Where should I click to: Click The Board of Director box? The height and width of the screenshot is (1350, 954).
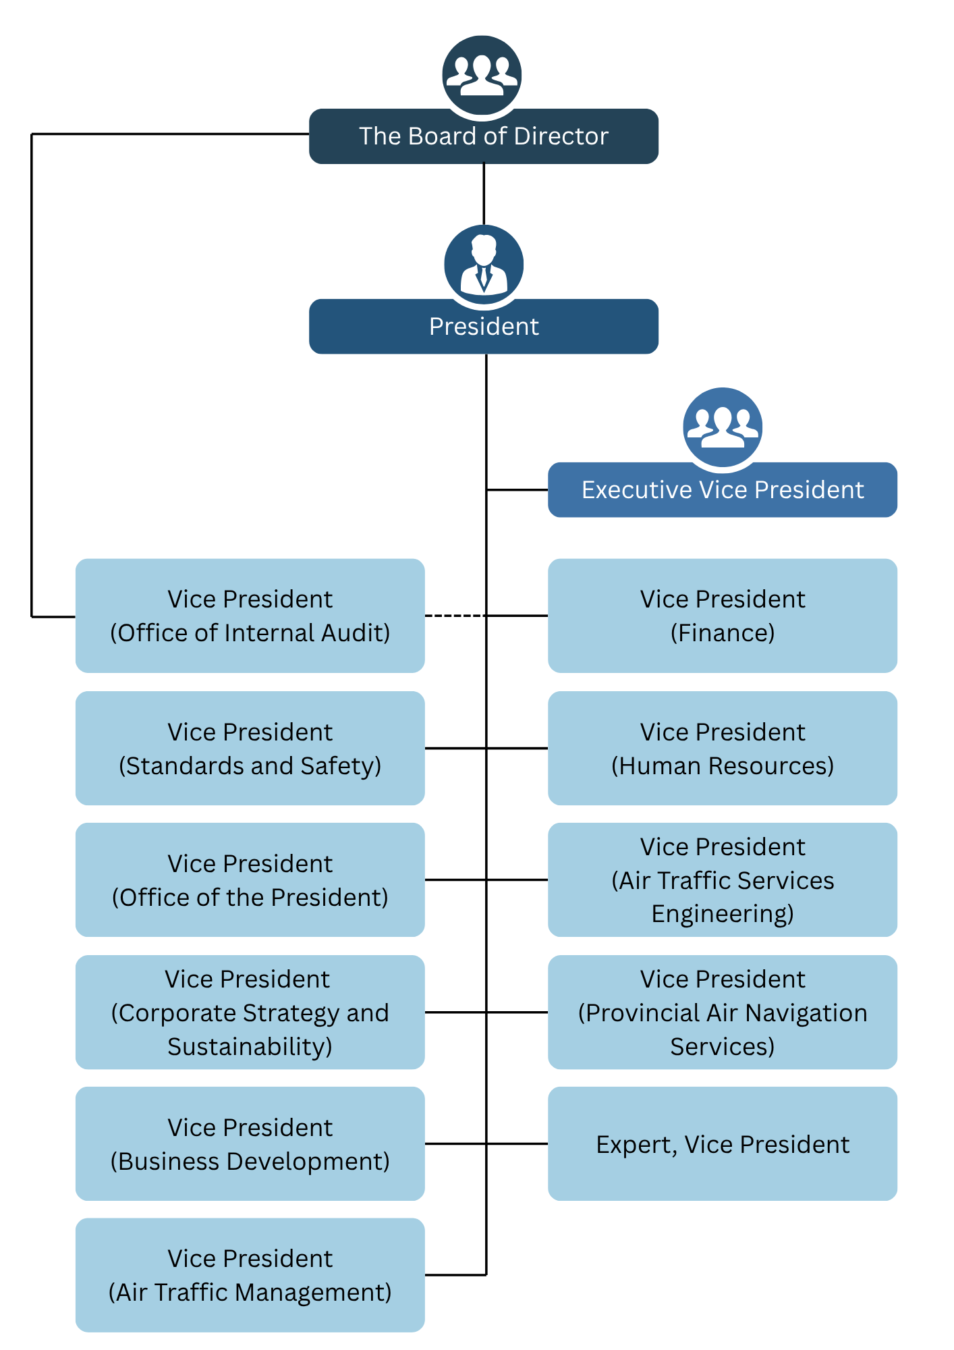pyautogui.click(x=483, y=136)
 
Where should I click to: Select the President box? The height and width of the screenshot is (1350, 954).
pyautogui.click(x=483, y=327)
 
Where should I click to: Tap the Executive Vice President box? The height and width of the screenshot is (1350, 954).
pyautogui.click(x=722, y=490)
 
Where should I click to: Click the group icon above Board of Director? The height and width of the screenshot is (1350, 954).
pyautogui.click(x=482, y=74)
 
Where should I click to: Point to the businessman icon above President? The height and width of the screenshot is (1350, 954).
pyautogui.click(x=483, y=264)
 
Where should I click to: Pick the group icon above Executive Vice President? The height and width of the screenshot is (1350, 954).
pyautogui.click(x=722, y=427)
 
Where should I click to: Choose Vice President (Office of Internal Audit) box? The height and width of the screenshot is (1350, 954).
pyautogui.click(x=250, y=616)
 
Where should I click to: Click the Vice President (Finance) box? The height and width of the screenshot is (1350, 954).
pyautogui.click(x=722, y=616)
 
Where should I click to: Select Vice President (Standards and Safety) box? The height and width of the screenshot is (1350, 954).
pyautogui.click(x=250, y=748)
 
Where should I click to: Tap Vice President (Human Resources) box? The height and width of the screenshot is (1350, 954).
pyautogui.click(x=722, y=748)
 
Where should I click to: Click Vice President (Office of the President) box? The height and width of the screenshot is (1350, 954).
pyautogui.click(x=250, y=880)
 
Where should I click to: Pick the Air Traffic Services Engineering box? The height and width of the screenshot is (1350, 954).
pyautogui.click(x=722, y=880)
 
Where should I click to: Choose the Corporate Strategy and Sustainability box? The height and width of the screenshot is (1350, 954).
pyautogui.click(x=250, y=1012)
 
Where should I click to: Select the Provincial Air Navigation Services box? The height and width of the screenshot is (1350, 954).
pyautogui.click(x=722, y=1012)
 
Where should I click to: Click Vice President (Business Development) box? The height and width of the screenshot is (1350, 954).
pyautogui.click(x=250, y=1143)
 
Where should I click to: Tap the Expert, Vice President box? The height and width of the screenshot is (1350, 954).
pyautogui.click(x=722, y=1143)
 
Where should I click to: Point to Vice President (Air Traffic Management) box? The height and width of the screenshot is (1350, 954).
pyautogui.click(x=250, y=1275)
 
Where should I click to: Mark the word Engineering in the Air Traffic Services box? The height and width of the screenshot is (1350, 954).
pyautogui.click(x=722, y=914)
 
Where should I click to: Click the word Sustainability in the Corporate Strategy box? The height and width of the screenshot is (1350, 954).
pyautogui.click(x=250, y=1047)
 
